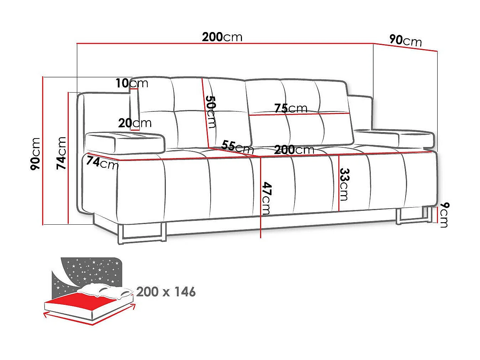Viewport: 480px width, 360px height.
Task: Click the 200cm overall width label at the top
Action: (222, 37)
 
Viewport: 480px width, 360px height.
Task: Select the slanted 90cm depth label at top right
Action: (405, 40)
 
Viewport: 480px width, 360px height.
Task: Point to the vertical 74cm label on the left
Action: (62, 153)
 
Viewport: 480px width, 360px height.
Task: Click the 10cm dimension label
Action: (132, 83)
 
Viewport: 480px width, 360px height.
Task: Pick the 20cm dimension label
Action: (135, 123)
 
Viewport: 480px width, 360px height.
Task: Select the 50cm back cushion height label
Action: (211, 111)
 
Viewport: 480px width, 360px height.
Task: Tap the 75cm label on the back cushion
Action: (290, 108)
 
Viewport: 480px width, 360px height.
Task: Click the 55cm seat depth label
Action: (237, 146)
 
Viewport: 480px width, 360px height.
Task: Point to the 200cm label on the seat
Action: (294, 150)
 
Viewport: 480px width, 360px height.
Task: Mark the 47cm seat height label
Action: (266, 198)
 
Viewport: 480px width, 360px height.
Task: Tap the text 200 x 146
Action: (166, 292)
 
